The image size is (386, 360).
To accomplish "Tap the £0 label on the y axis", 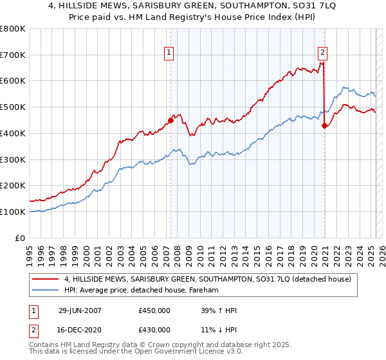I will tap(20, 238).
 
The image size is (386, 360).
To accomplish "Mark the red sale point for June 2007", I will tap(171, 120).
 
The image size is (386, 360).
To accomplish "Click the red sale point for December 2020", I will tap(325, 125).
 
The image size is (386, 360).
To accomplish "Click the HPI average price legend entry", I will tap(141, 291).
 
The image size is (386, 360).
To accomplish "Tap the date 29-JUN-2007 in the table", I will tap(80, 310).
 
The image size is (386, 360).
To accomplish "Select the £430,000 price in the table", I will tap(154, 330).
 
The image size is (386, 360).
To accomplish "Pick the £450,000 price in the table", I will tap(154, 310).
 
